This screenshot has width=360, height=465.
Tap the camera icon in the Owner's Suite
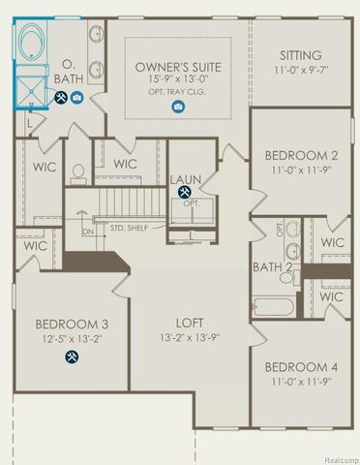point(179,108)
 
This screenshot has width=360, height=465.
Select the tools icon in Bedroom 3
point(72,356)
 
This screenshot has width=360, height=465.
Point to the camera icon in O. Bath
point(76,99)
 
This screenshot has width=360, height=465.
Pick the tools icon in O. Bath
point(60,99)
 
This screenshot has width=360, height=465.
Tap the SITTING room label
point(300,55)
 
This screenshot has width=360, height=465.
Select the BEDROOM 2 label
point(300,155)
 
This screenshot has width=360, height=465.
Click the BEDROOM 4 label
point(300,367)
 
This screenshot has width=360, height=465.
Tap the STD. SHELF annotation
point(130,229)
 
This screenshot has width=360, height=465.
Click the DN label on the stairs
point(87,232)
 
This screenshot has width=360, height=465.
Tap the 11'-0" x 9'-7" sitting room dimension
point(300,71)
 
